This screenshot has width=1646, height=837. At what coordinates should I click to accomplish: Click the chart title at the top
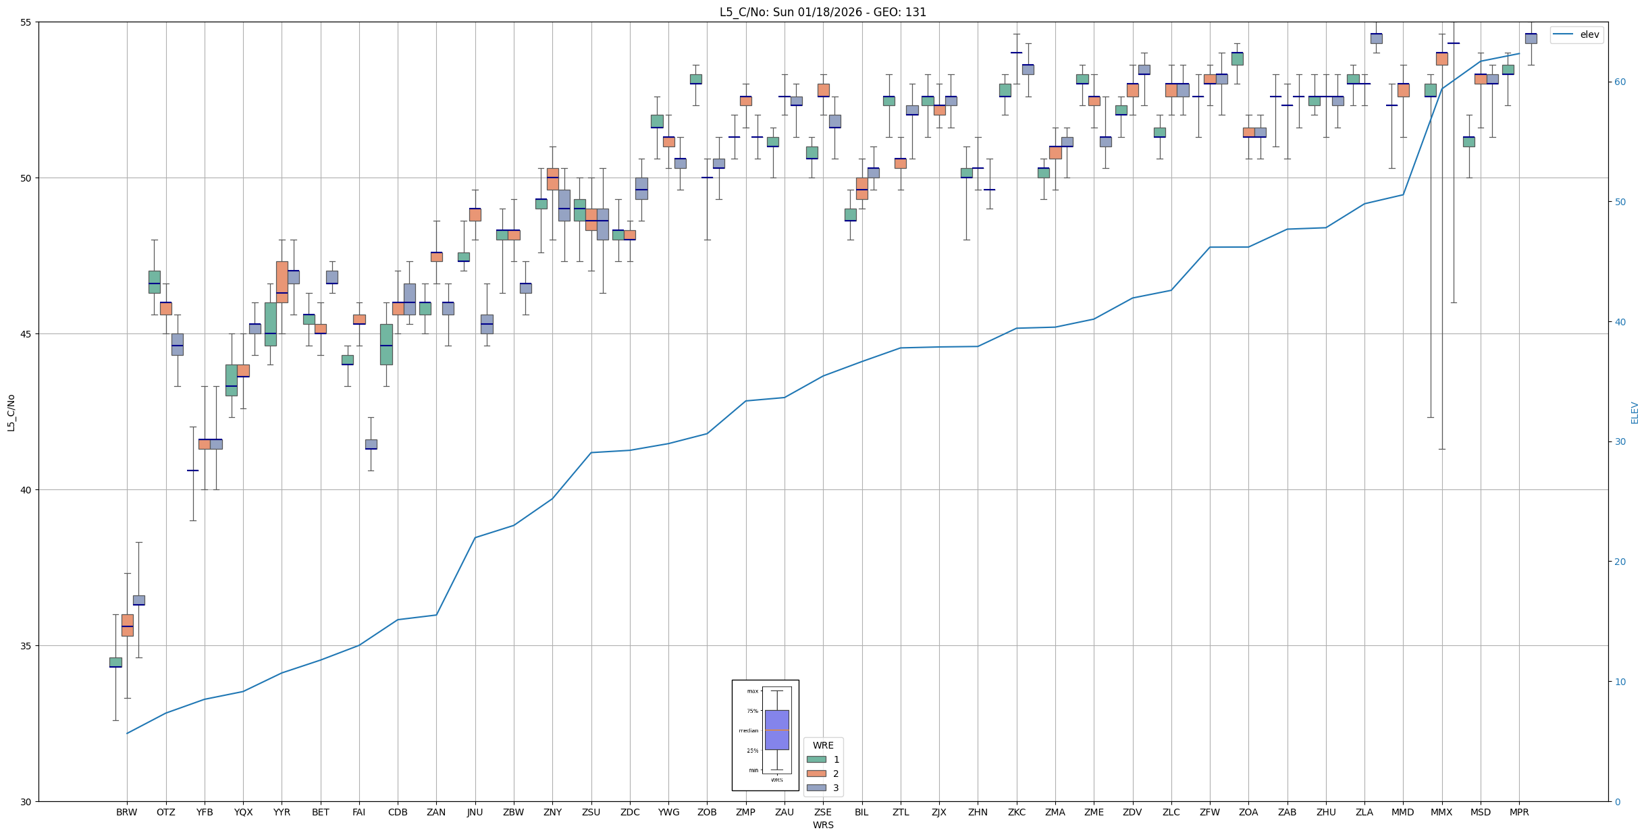822,12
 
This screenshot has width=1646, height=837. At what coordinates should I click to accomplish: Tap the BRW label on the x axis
126,812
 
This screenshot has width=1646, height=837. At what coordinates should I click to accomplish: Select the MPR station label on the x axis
1519,812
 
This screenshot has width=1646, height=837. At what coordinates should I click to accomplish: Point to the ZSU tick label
591,812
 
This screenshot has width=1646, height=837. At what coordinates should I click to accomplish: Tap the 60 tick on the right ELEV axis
1618,82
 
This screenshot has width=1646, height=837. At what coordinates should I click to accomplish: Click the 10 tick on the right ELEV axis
1618,682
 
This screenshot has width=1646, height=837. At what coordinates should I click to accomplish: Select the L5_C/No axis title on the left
11,412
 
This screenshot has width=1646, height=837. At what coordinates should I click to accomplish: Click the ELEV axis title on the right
1635,412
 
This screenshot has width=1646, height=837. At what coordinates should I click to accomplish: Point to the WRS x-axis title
822,825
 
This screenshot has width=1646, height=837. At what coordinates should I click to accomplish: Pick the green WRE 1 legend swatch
816,759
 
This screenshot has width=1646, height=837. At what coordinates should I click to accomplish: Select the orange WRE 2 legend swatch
816,774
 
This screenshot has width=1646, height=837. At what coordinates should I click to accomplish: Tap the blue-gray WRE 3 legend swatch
816,788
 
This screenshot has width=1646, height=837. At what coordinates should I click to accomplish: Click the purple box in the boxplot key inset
776,730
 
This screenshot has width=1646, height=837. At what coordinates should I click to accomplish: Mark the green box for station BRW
115,662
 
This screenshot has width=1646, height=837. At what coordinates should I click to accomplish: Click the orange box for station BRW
127,625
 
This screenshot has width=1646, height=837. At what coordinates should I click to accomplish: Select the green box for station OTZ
155,281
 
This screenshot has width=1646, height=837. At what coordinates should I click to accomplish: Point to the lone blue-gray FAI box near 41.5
371,444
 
